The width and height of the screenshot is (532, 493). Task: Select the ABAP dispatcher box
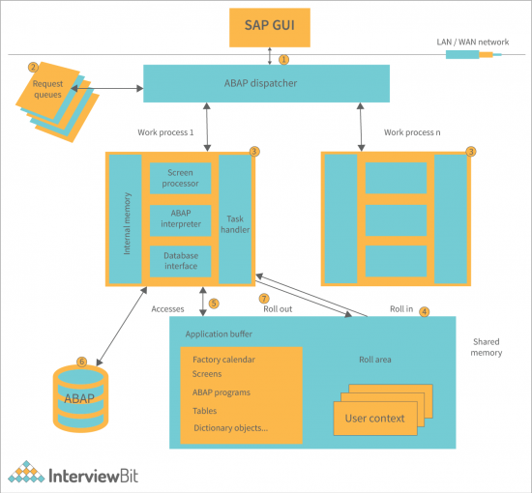[266, 83]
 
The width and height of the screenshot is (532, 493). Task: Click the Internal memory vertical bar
[125, 219]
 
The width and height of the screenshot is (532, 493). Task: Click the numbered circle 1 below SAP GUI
[283, 58]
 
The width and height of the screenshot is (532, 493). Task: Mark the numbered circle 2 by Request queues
[33, 68]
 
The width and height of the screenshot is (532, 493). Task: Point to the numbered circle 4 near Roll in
[424, 311]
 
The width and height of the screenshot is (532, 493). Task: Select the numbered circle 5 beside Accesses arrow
[214, 303]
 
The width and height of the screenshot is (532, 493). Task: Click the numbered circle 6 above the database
[81, 362]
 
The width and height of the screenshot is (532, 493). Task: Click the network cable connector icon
[474, 55]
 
